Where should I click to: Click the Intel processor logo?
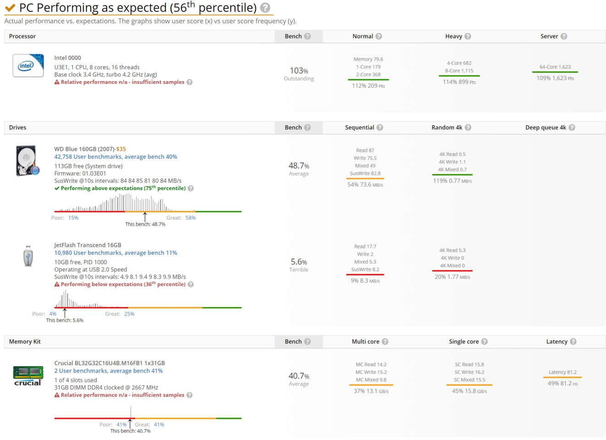[28, 66]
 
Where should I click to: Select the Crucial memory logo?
[28, 376]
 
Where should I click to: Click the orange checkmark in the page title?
[10, 8]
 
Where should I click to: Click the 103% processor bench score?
[299, 71]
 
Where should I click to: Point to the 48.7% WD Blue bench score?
[299, 166]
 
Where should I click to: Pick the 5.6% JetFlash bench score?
[299, 262]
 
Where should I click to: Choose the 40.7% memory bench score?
[299, 376]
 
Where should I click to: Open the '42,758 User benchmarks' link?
[116, 157]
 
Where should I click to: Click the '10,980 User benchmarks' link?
[116, 253]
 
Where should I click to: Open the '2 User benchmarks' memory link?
[108, 371]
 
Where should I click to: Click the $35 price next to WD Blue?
[121, 149]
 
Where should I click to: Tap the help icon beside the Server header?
[564, 36]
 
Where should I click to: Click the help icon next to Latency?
[573, 341]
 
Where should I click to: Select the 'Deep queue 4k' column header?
[545, 127]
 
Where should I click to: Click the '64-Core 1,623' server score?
[555, 67]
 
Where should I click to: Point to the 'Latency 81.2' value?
[562, 372]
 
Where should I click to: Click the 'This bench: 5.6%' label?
[65, 320]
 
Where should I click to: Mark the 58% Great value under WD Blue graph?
[191, 218]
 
